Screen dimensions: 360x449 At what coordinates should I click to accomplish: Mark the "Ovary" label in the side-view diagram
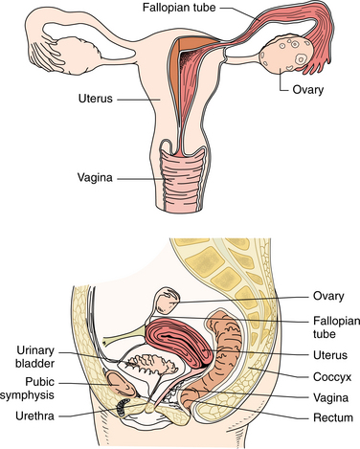click(x=327, y=295)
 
